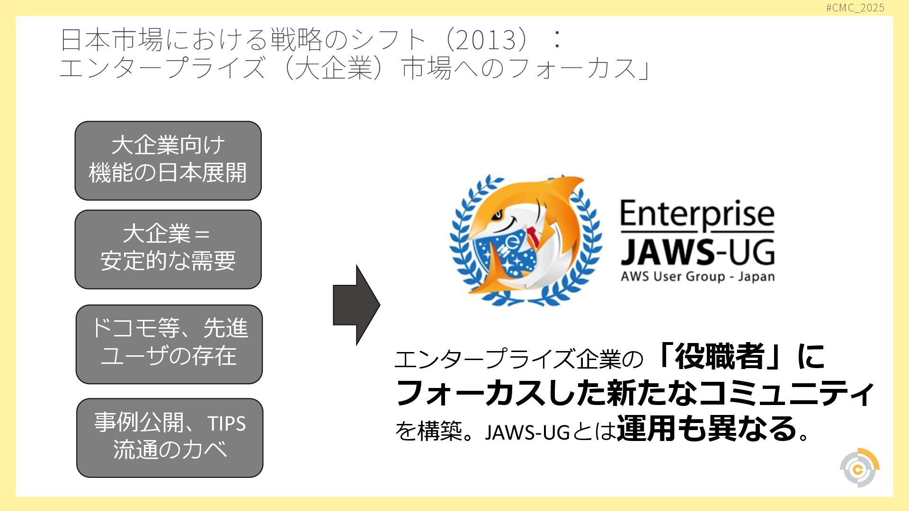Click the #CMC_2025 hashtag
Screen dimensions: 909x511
tap(855, 8)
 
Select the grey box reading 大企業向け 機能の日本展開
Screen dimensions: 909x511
tap(168, 160)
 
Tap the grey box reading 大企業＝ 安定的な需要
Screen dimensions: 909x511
tap(168, 249)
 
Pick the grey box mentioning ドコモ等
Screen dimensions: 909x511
tap(169, 344)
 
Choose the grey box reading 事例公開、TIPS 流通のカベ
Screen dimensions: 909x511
tap(169, 438)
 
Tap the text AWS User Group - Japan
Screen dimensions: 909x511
tap(697, 276)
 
